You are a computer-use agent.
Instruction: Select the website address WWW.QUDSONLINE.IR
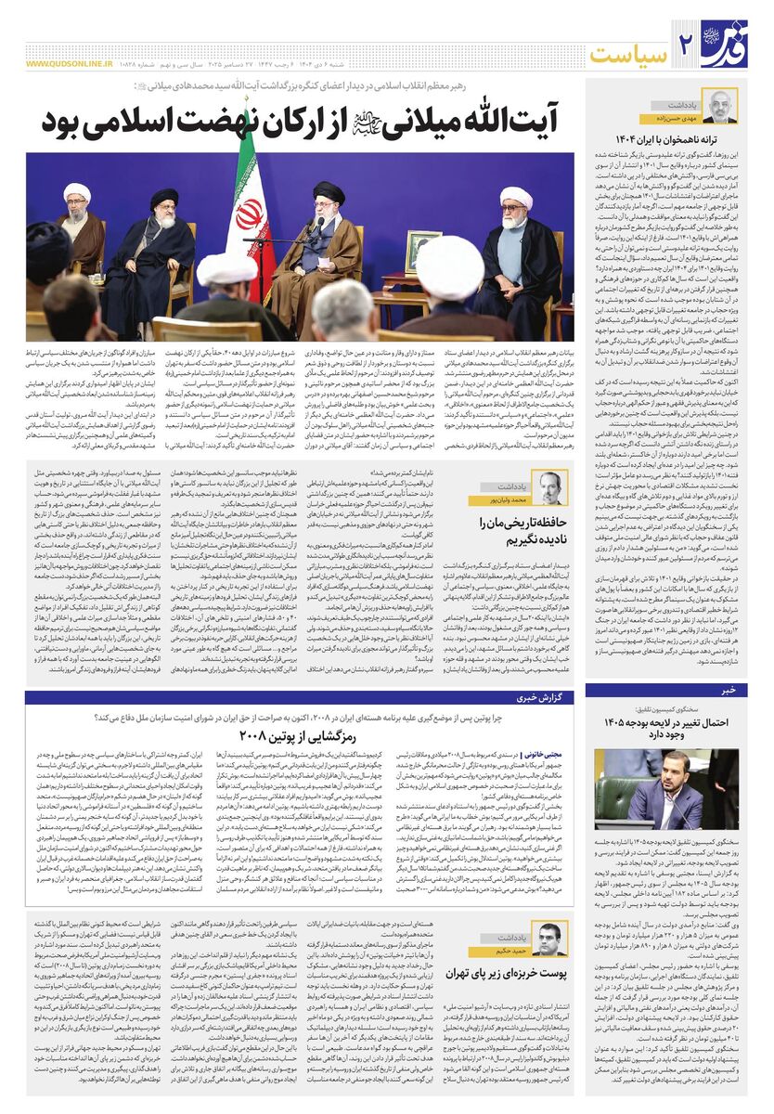pos(70,65)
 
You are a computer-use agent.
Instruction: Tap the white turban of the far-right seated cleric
pos(517,198)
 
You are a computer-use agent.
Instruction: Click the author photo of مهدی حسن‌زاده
pos(719,107)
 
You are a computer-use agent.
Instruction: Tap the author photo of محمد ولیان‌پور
pos(553,488)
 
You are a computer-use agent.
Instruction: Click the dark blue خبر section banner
pos(677,690)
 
